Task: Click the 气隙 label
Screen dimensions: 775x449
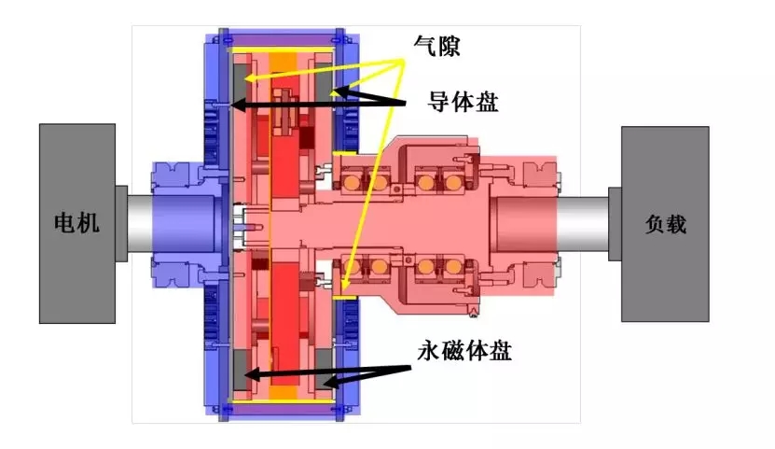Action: coord(436,46)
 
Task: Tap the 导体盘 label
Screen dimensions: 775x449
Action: coord(463,102)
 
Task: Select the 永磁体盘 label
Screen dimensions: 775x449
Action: coord(464,351)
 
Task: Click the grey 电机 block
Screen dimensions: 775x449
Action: coord(77,223)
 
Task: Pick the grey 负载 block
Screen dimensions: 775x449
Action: coord(665,224)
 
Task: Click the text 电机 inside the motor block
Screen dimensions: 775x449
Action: coord(77,223)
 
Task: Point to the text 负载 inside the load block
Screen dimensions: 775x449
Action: coord(665,224)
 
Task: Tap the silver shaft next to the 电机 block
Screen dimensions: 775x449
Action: coord(140,224)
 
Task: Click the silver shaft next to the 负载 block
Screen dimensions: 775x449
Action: coord(582,224)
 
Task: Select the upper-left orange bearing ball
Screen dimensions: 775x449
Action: coord(352,182)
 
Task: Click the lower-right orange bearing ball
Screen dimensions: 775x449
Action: coord(452,268)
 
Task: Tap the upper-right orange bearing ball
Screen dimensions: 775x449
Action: coord(452,182)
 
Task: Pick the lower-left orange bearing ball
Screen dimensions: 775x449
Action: coord(352,268)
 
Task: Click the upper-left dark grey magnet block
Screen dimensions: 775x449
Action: coord(242,80)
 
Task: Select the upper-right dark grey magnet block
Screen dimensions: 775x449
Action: coord(325,80)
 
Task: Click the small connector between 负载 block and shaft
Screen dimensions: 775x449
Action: coord(615,224)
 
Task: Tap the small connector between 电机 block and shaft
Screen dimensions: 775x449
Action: coord(121,223)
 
